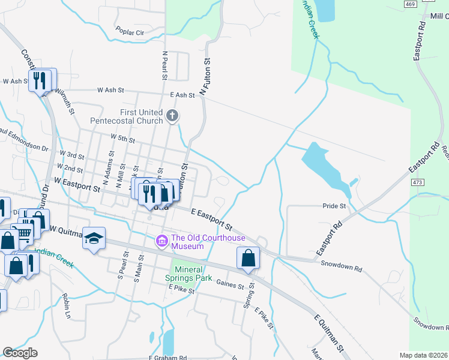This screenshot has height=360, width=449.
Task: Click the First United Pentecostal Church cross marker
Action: pyautogui.click(x=172, y=115)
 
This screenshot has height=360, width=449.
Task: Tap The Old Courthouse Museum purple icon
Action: pyautogui.click(x=161, y=241)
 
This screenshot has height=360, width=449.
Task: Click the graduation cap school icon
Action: pyautogui.click(x=94, y=238)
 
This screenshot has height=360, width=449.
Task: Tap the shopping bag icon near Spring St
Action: pyautogui.click(x=248, y=258)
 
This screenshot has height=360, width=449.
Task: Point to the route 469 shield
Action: pyautogui.click(x=410, y=4)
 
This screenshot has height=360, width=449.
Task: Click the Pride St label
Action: pyautogui.click(x=335, y=206)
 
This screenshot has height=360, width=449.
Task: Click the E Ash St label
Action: pyautogui.click(x=182, y=95)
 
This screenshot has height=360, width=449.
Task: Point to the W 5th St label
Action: pyautogui.click(x=122, y=139)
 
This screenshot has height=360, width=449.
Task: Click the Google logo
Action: pyautogui.click(x=20, y=353)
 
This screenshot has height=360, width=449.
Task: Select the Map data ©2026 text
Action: pyautogui.click(x=423, y=355)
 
